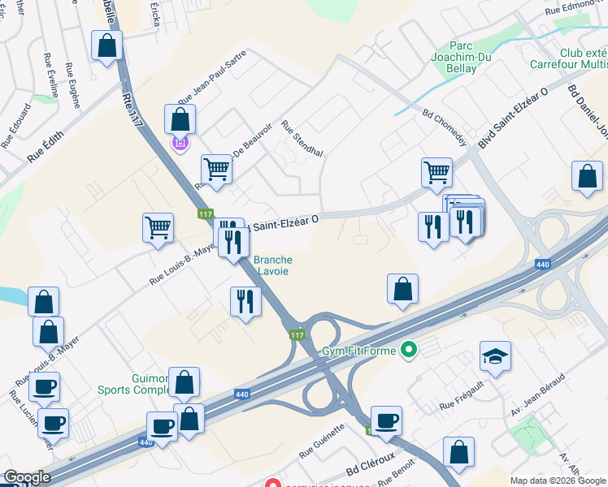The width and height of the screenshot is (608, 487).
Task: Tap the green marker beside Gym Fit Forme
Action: coord(409,351)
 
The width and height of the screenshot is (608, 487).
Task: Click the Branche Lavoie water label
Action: coord(273,265)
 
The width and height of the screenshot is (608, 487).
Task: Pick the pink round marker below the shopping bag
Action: coord(180,144)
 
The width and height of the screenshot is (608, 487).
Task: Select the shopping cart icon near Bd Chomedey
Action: coord(436,172)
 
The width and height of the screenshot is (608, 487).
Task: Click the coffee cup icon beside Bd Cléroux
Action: coord(387,420)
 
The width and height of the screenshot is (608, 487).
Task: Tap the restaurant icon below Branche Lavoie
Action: coord(245,302)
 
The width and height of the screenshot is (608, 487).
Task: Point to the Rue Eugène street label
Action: coord(72,80)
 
